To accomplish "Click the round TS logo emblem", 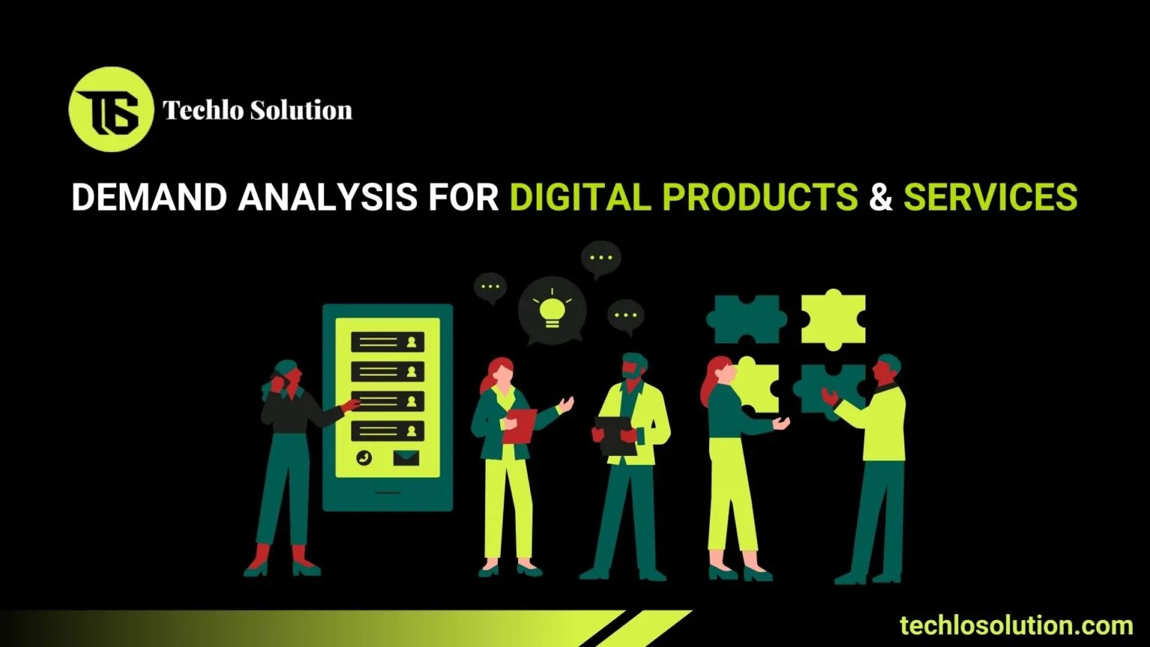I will (111, 109).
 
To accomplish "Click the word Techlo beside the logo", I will (203, 110).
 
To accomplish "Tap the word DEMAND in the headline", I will (148, 197).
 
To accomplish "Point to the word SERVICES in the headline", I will (990, 197).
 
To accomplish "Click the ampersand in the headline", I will (880, 197).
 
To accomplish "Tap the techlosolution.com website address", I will (1016, 625).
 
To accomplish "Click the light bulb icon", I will (552, 310).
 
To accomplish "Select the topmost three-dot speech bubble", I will (600, 258).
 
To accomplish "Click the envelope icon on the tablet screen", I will (406, 457).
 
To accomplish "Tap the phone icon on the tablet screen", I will (365, 458).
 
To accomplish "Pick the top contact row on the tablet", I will (387, 342).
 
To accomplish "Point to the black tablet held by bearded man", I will (615, 435).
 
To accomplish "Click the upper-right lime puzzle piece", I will (833, 318).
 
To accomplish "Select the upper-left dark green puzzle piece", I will (746, 318).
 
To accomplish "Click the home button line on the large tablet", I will (387, 493).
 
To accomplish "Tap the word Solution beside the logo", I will (300, 110).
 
